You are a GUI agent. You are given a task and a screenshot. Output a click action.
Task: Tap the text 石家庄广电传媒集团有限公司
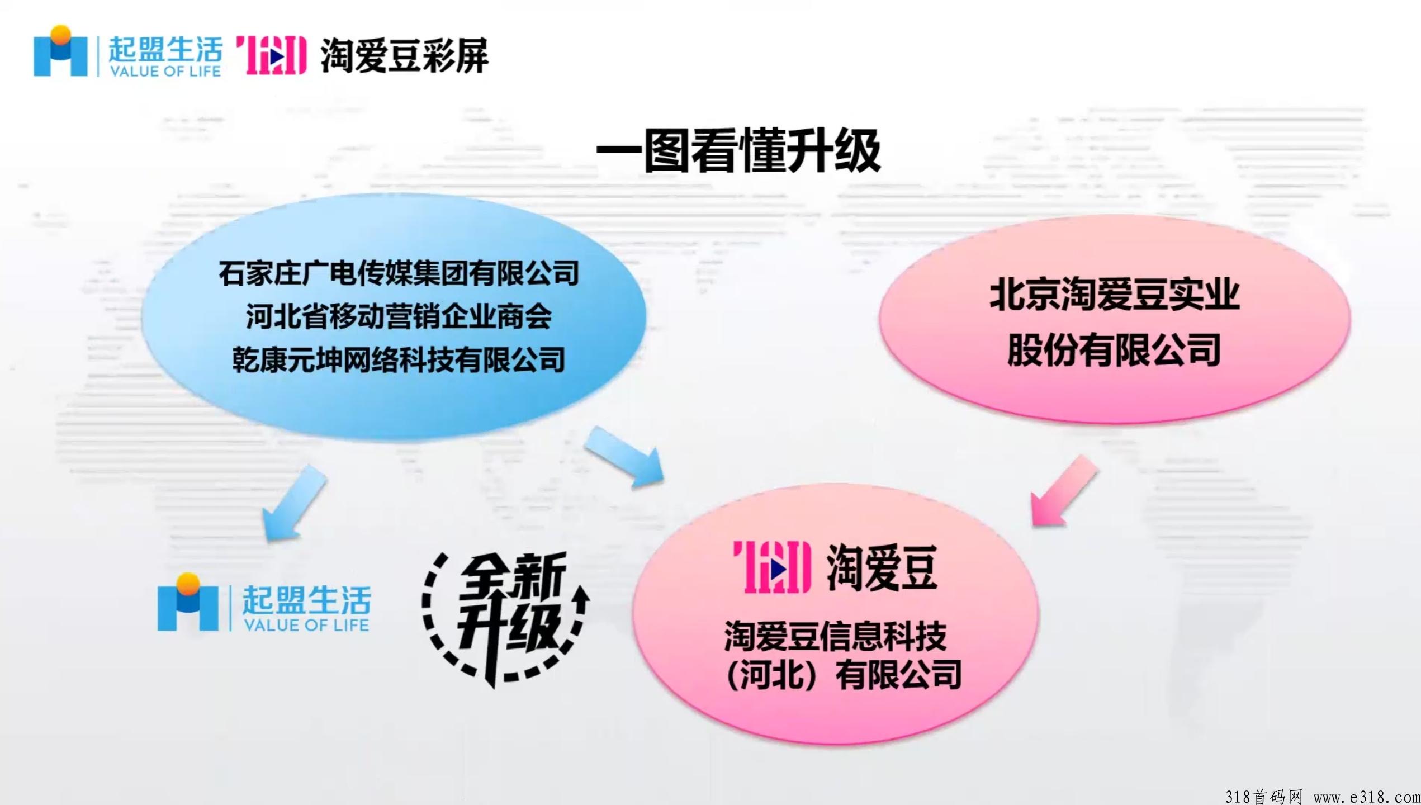[x=399, y=273]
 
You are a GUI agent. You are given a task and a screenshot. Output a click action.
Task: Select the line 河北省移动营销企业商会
[x=399, y=317]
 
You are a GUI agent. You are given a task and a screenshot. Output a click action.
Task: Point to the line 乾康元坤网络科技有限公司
[x=399, y=359]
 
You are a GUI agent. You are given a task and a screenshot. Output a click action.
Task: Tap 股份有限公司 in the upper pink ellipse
[x=1114, y=350]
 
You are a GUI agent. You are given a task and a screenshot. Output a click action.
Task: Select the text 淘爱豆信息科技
[x=835, y=636]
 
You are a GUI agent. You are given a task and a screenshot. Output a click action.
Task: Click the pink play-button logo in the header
[x=272, y=55]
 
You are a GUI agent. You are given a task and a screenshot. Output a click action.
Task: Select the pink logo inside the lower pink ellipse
[x=773, y=567]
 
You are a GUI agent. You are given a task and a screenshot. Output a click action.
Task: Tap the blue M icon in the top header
[x=60, y=51]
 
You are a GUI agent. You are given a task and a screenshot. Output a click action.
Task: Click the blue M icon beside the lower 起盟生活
[x=188, y=602]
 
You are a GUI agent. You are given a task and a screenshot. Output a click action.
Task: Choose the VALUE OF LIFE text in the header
[x=165, y=71]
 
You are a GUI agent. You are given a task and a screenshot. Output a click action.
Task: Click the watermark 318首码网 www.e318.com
[x=1321, y=795]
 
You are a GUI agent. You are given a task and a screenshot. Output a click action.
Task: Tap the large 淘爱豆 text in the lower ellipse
[x=882, y=568]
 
